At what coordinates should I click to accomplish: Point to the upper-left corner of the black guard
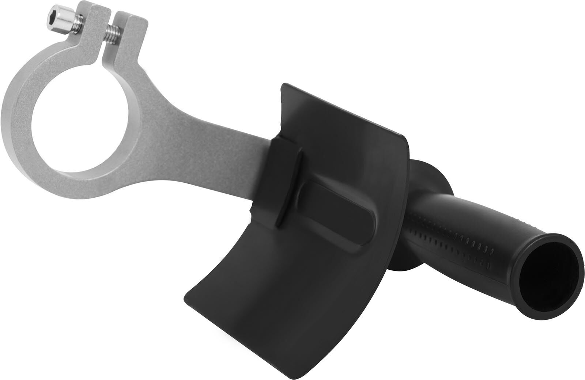pyautogui.click(x=282, y=85)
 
